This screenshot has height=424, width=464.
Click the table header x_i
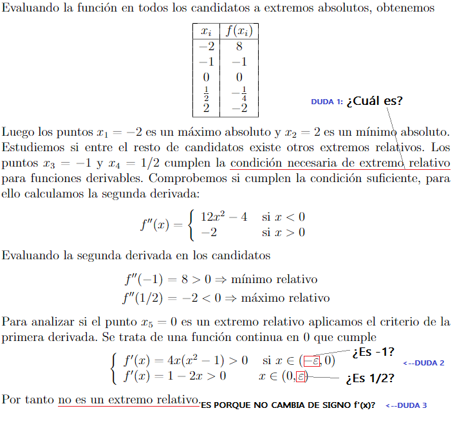(x=206, y=31)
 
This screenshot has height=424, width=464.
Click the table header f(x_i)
(x=239, y=31)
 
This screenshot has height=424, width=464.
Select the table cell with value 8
(x=239, y=46)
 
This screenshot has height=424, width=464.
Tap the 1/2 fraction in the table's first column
(x=206, y=93)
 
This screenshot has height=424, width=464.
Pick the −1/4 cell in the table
(x=239, y=93)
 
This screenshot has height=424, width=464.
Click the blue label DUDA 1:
(x=326, y=102)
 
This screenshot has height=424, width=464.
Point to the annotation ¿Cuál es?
(x=374, y=101)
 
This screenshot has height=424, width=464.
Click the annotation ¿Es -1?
(x=373, y=352)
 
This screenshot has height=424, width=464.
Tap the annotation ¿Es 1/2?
(x=370, y=378)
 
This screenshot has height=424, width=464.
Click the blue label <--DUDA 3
(x=406, y=405)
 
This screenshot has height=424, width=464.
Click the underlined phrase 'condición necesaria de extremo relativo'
(x=340, y=163)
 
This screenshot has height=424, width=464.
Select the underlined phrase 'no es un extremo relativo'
(x=128, y=400)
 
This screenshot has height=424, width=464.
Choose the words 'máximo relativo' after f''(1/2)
(x=287, y=298)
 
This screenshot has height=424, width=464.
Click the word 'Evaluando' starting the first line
(x=30, y=9)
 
